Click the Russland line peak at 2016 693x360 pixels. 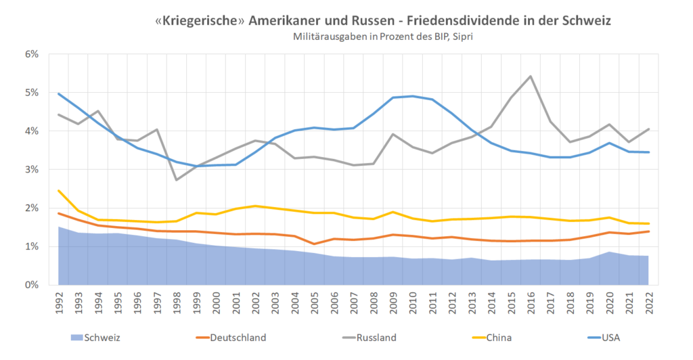coord(530,76)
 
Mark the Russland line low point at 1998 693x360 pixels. coord(177,180)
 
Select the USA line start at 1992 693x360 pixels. coord(60,93)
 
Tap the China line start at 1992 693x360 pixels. coord(60,190)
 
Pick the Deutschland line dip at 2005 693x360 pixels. coord(314,244)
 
